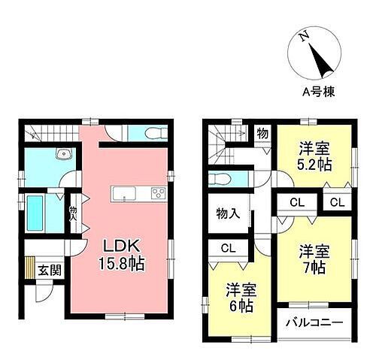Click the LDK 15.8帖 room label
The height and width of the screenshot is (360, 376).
coord(120,256)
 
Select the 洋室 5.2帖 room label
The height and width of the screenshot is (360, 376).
coord(314,157)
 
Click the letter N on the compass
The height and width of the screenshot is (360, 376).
coord(302,37)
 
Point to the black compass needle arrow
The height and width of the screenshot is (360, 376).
coord(323,64)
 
